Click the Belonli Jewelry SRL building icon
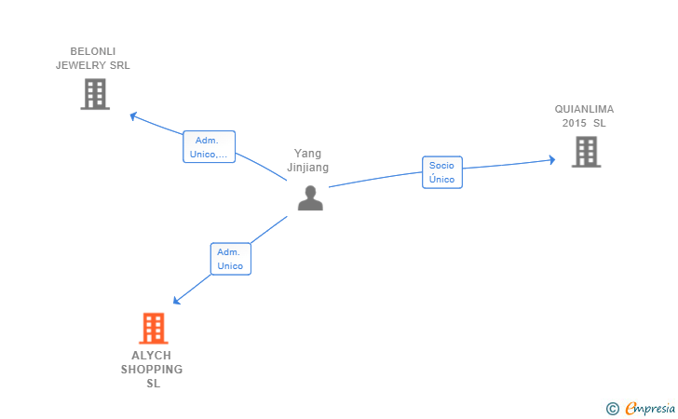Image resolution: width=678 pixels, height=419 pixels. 95,94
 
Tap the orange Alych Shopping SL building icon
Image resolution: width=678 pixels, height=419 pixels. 154,329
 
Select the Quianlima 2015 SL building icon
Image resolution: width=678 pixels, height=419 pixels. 586,152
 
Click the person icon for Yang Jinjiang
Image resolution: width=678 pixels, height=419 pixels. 310,197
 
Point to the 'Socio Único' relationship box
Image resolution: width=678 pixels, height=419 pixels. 442,172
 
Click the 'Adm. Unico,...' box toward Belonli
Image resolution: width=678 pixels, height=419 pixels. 209,147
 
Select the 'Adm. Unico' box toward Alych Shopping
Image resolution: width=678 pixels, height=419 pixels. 230,259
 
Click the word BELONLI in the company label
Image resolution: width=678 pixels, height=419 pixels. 93,51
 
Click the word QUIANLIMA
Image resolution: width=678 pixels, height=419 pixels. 585,109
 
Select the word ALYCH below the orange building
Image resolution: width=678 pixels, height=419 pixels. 152,356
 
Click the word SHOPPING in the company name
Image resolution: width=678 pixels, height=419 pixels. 152,370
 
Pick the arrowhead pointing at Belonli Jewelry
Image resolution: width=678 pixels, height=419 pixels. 133,115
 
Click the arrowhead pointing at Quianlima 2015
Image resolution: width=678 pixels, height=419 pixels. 551,160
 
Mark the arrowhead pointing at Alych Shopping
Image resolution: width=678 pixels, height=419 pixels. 178,300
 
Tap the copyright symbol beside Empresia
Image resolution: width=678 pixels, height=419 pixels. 613,408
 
